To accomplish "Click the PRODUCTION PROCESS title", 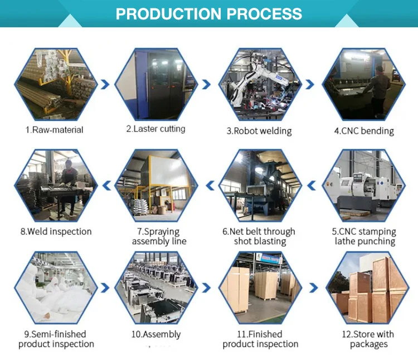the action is tap(209, 13).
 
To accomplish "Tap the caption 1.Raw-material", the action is tap(54, 130).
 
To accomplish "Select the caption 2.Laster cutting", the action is tap(155, 129).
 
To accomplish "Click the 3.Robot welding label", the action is tap(259, 131).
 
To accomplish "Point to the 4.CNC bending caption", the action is tap(364, 131).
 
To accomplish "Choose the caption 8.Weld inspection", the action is tap(56, 231).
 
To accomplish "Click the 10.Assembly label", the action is tap(156, 334).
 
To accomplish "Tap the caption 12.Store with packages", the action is tap(368, 339).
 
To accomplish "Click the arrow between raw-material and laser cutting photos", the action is tap(104, 84).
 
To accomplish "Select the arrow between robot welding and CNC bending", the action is tap(310, 84).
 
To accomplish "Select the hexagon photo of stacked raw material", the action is tap(54, 84).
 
